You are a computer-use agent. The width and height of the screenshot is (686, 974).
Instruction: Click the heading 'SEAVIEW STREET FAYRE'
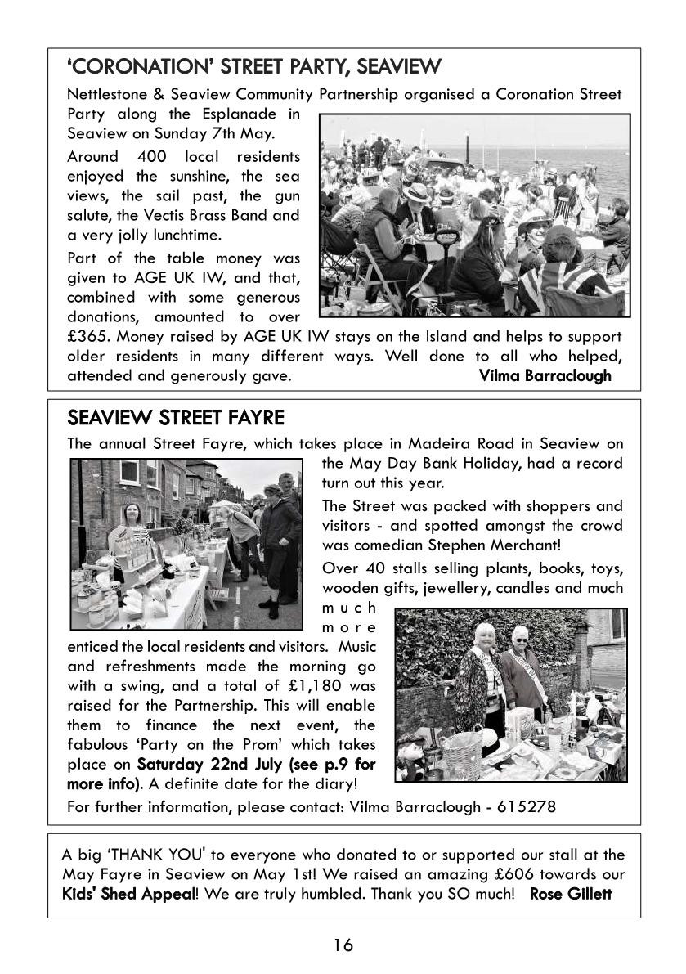175,418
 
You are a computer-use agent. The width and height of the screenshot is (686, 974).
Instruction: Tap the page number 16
343,945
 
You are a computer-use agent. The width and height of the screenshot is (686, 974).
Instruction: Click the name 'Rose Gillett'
571,894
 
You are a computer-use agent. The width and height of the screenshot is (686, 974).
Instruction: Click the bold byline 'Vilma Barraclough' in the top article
545,375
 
